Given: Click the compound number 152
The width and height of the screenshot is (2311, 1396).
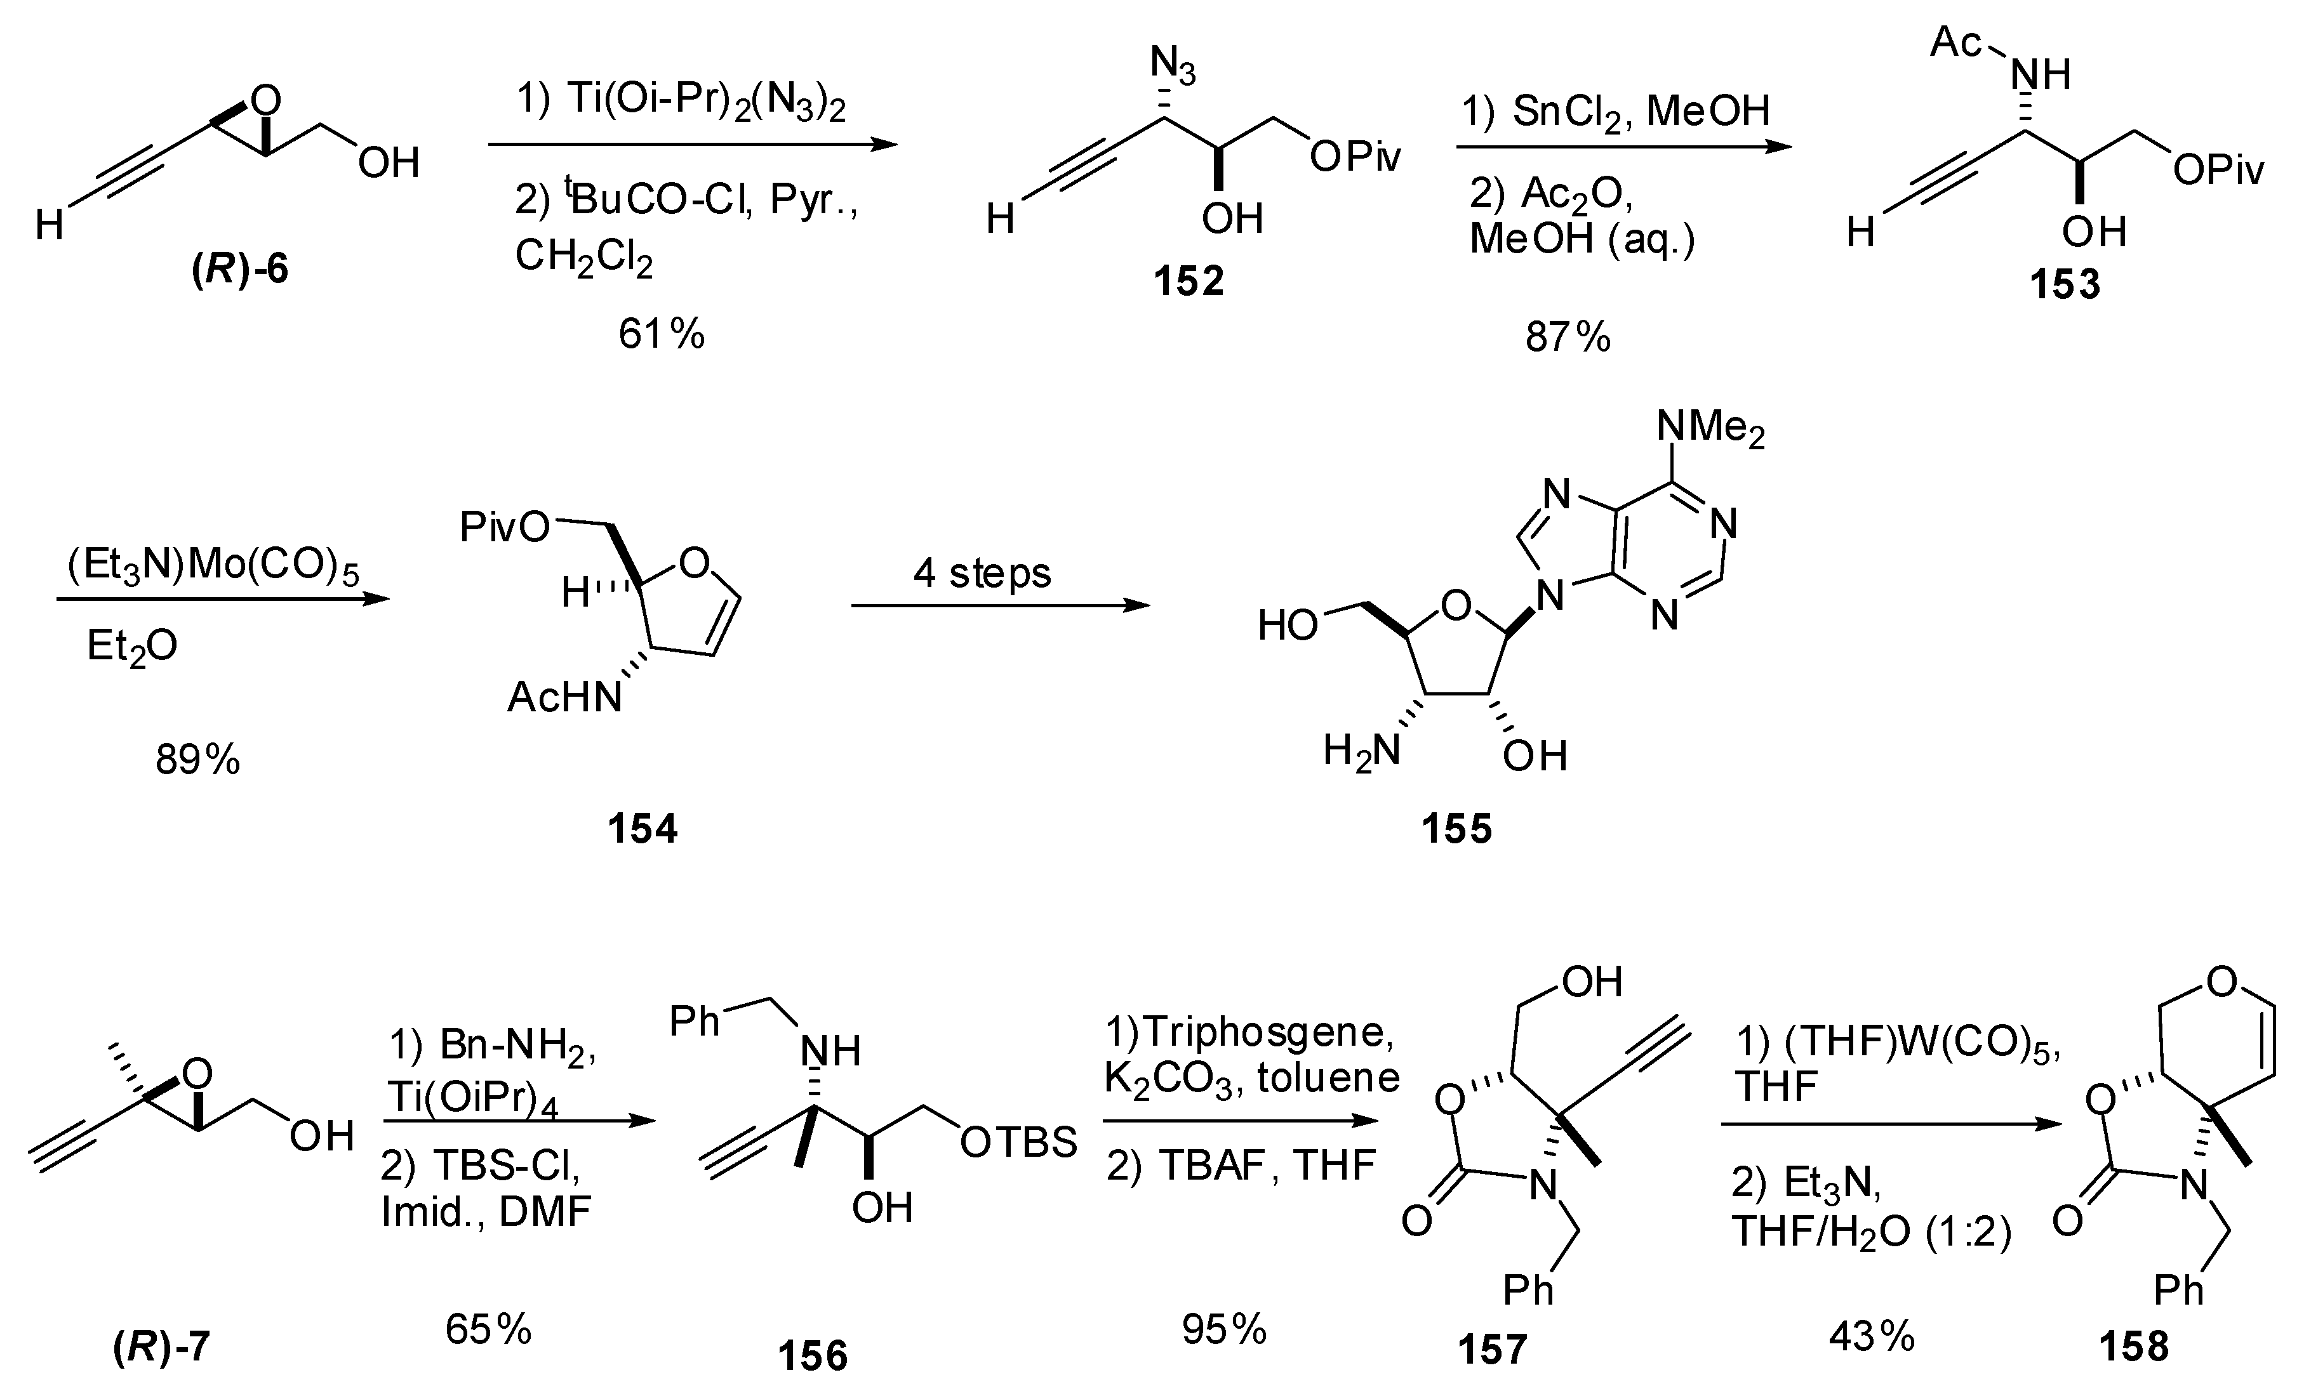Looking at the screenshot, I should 1189,281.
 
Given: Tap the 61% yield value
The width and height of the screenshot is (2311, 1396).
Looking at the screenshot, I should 661,334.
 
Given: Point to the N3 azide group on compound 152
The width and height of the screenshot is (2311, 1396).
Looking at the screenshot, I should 1173,67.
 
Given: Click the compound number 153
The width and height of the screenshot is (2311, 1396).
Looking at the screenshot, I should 2065,284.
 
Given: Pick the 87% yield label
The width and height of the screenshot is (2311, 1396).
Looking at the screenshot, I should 1568,336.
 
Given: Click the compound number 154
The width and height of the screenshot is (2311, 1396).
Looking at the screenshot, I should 643,829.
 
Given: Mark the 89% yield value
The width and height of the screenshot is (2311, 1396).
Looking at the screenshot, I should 198,760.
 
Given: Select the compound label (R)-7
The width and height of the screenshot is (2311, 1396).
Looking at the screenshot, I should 161,1349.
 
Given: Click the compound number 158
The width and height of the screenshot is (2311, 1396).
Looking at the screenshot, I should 2134,1347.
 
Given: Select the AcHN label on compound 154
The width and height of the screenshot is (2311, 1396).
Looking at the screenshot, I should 564,697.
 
